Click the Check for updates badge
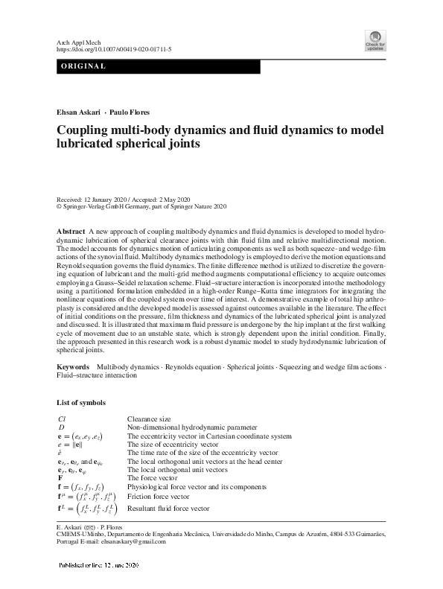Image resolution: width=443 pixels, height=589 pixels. click(x=375, y=41)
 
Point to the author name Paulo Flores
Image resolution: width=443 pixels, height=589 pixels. click(x=129, y=112)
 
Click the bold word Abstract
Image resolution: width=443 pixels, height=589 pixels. click(x=71, y=232)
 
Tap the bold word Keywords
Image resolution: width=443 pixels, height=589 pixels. click(x=74, y=368)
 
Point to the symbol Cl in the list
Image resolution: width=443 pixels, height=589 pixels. click(x=61, y=419)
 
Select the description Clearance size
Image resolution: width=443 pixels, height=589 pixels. click(x=149, y=419)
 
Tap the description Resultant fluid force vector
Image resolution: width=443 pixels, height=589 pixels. click(x=168, y=509)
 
